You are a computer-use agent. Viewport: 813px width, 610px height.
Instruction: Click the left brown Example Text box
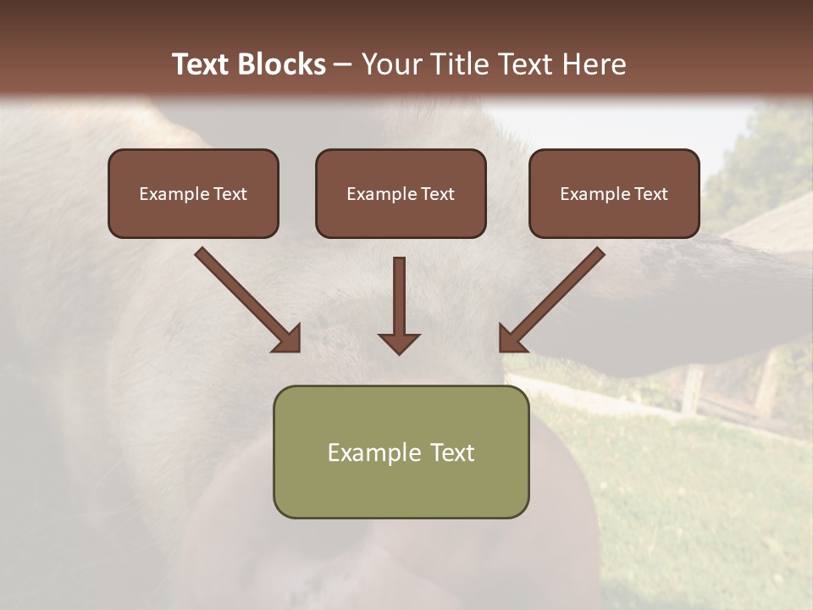(x=193, y=193)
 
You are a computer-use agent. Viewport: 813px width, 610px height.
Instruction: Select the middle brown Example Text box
(x=401, y=193)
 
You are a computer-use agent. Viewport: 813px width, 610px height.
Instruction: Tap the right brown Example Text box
(x=614, y=193)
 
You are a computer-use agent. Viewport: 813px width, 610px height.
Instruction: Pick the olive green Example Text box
(x=401, y=452)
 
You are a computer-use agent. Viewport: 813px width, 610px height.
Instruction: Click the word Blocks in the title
(x=281, y=64)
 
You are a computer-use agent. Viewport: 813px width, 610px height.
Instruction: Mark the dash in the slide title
(x=343, y=64)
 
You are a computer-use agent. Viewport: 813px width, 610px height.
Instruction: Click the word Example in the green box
(x=366, y=452)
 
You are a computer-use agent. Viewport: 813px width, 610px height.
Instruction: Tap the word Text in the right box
(x=650, y=194)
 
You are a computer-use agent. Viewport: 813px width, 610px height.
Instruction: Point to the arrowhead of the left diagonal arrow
(x=286, y=338)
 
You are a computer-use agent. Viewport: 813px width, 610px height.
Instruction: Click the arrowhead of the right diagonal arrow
(x=513, y=338)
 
